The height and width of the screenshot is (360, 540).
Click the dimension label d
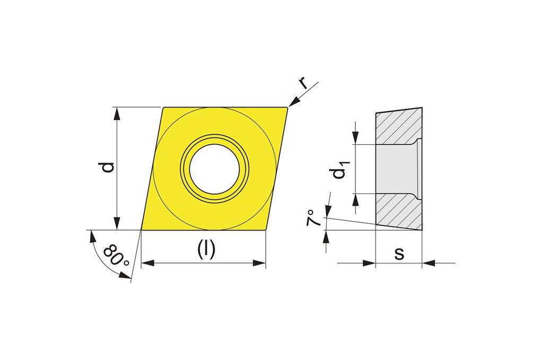click(108, 167)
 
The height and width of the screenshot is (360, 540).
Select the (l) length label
click(206, 249)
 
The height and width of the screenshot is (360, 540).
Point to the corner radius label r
click(303, 83)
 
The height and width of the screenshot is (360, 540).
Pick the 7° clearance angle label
click(313, 217)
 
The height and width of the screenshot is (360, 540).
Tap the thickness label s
click(399, 253)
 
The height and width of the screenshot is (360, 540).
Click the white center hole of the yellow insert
click(214, 169)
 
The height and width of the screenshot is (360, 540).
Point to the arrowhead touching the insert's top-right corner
click(294, 102)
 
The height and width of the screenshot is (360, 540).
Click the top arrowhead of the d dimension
click(117, 113)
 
